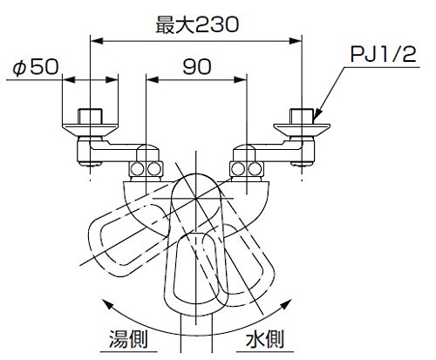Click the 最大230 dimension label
pos(197,24)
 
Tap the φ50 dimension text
pos(36,67)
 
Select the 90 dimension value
pos(197,66)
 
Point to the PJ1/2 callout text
pos(383,54)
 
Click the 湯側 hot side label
pos(128,339)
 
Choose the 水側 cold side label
pos(264,339)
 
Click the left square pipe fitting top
pos(90,116)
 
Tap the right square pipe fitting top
pos(302,116)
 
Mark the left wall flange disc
pos(90,130)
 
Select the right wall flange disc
pos(302,130)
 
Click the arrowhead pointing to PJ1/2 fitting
pos(317,114)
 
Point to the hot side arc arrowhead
pos(108,304)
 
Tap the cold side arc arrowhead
pos(285,304)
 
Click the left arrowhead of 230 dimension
pos(97,41)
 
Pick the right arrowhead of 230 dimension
pos(296,41)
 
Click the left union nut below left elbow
pos(146,169)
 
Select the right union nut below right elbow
pos(247,169)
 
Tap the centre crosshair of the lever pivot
pos(196,199)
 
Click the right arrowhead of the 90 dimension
pos(241,79)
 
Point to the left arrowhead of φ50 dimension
pos(69,79)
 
